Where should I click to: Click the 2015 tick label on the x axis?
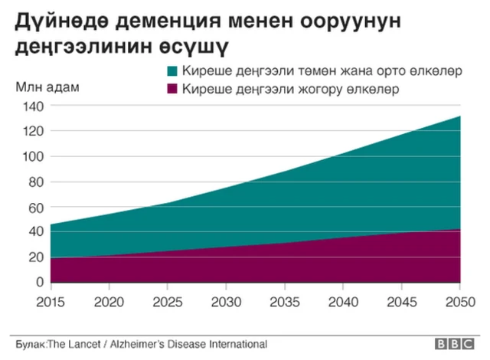(51, 300)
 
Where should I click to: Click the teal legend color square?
(171, 72)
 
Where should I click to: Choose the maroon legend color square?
(171, 90)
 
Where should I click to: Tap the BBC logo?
(455, 344)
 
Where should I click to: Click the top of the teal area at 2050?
(460, 116)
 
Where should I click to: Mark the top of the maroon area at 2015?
(51, 258)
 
